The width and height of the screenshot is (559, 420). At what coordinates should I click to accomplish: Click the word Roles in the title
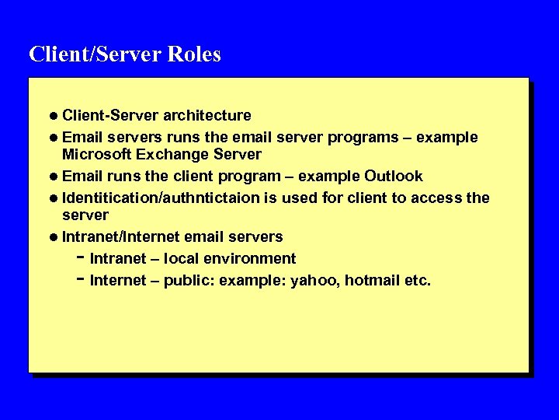[194, 54]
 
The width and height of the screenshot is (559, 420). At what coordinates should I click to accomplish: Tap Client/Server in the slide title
[93, 54]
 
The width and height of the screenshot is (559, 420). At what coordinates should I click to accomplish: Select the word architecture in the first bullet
[207, 116]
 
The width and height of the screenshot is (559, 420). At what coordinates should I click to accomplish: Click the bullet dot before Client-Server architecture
[54, 116]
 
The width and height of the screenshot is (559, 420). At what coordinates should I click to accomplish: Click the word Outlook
[394, 176]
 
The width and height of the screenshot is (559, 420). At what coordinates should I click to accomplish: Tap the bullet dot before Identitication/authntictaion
[54, 198]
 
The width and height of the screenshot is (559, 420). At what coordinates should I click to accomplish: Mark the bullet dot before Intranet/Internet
[54, 236]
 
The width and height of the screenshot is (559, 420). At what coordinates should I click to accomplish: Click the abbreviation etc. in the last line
[418, 280]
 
